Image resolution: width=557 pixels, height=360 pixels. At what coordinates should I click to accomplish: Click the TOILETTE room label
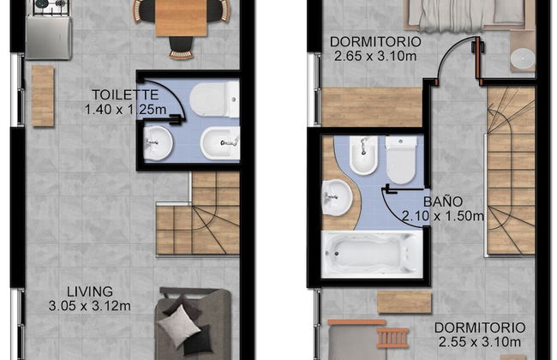click(125, 95)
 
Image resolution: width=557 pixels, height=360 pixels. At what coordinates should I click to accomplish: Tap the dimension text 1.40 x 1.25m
click(125, 109)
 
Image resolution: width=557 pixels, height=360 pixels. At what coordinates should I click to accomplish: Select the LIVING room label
click(90, 291)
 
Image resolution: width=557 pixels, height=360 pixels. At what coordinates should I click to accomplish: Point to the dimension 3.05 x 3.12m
click(89, 306)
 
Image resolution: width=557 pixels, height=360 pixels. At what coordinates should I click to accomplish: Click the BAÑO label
click(443, 201)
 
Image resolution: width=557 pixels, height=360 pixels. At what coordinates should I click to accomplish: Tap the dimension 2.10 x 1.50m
click(443, 216)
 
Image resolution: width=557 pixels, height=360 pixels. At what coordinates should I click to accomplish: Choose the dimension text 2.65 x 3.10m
click(375, 56)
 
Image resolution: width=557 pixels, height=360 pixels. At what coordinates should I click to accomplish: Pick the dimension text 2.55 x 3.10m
click(480, 342)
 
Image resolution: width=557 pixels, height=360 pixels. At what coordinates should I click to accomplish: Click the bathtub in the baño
click(372, 254)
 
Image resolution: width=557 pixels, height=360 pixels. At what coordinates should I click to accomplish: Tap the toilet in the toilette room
click(214, 99)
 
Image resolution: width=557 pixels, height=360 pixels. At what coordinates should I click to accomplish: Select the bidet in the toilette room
click(220, 143)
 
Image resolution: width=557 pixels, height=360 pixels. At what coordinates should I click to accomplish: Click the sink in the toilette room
click(158, 144)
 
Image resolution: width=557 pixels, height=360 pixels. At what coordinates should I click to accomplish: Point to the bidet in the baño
click(363, 155)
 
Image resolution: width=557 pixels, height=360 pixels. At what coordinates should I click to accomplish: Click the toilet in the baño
click(401, 160)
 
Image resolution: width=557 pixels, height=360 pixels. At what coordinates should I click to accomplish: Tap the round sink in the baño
click(338, 198)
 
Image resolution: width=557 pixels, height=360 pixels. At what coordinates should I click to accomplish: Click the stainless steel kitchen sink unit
click(48, 38)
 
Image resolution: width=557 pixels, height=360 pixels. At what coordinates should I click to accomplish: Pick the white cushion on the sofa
click(179, 327)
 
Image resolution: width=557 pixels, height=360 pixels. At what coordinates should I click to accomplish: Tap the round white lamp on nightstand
click(523, 58)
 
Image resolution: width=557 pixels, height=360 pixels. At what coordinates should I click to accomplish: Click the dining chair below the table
click(181, 47)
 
